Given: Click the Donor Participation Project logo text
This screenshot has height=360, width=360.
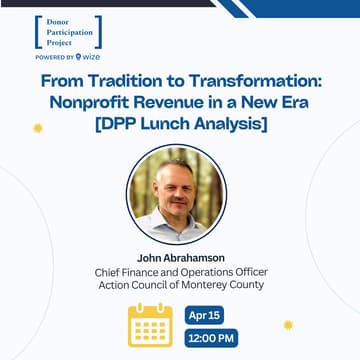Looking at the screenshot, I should click(x=67, y=31).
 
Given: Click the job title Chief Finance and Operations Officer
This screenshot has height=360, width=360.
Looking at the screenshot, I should click(x=180, y=271).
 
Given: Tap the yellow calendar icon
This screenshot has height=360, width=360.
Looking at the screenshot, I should click(x=150, y=325).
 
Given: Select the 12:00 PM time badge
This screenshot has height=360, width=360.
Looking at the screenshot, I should click(x=211, y=338).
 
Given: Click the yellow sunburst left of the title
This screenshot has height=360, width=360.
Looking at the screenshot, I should click(x=38, y=128).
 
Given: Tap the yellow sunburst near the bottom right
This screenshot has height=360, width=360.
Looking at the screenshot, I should click(x=288, y=325).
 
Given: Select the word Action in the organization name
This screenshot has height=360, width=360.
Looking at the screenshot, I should click(x=117, y=285).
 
